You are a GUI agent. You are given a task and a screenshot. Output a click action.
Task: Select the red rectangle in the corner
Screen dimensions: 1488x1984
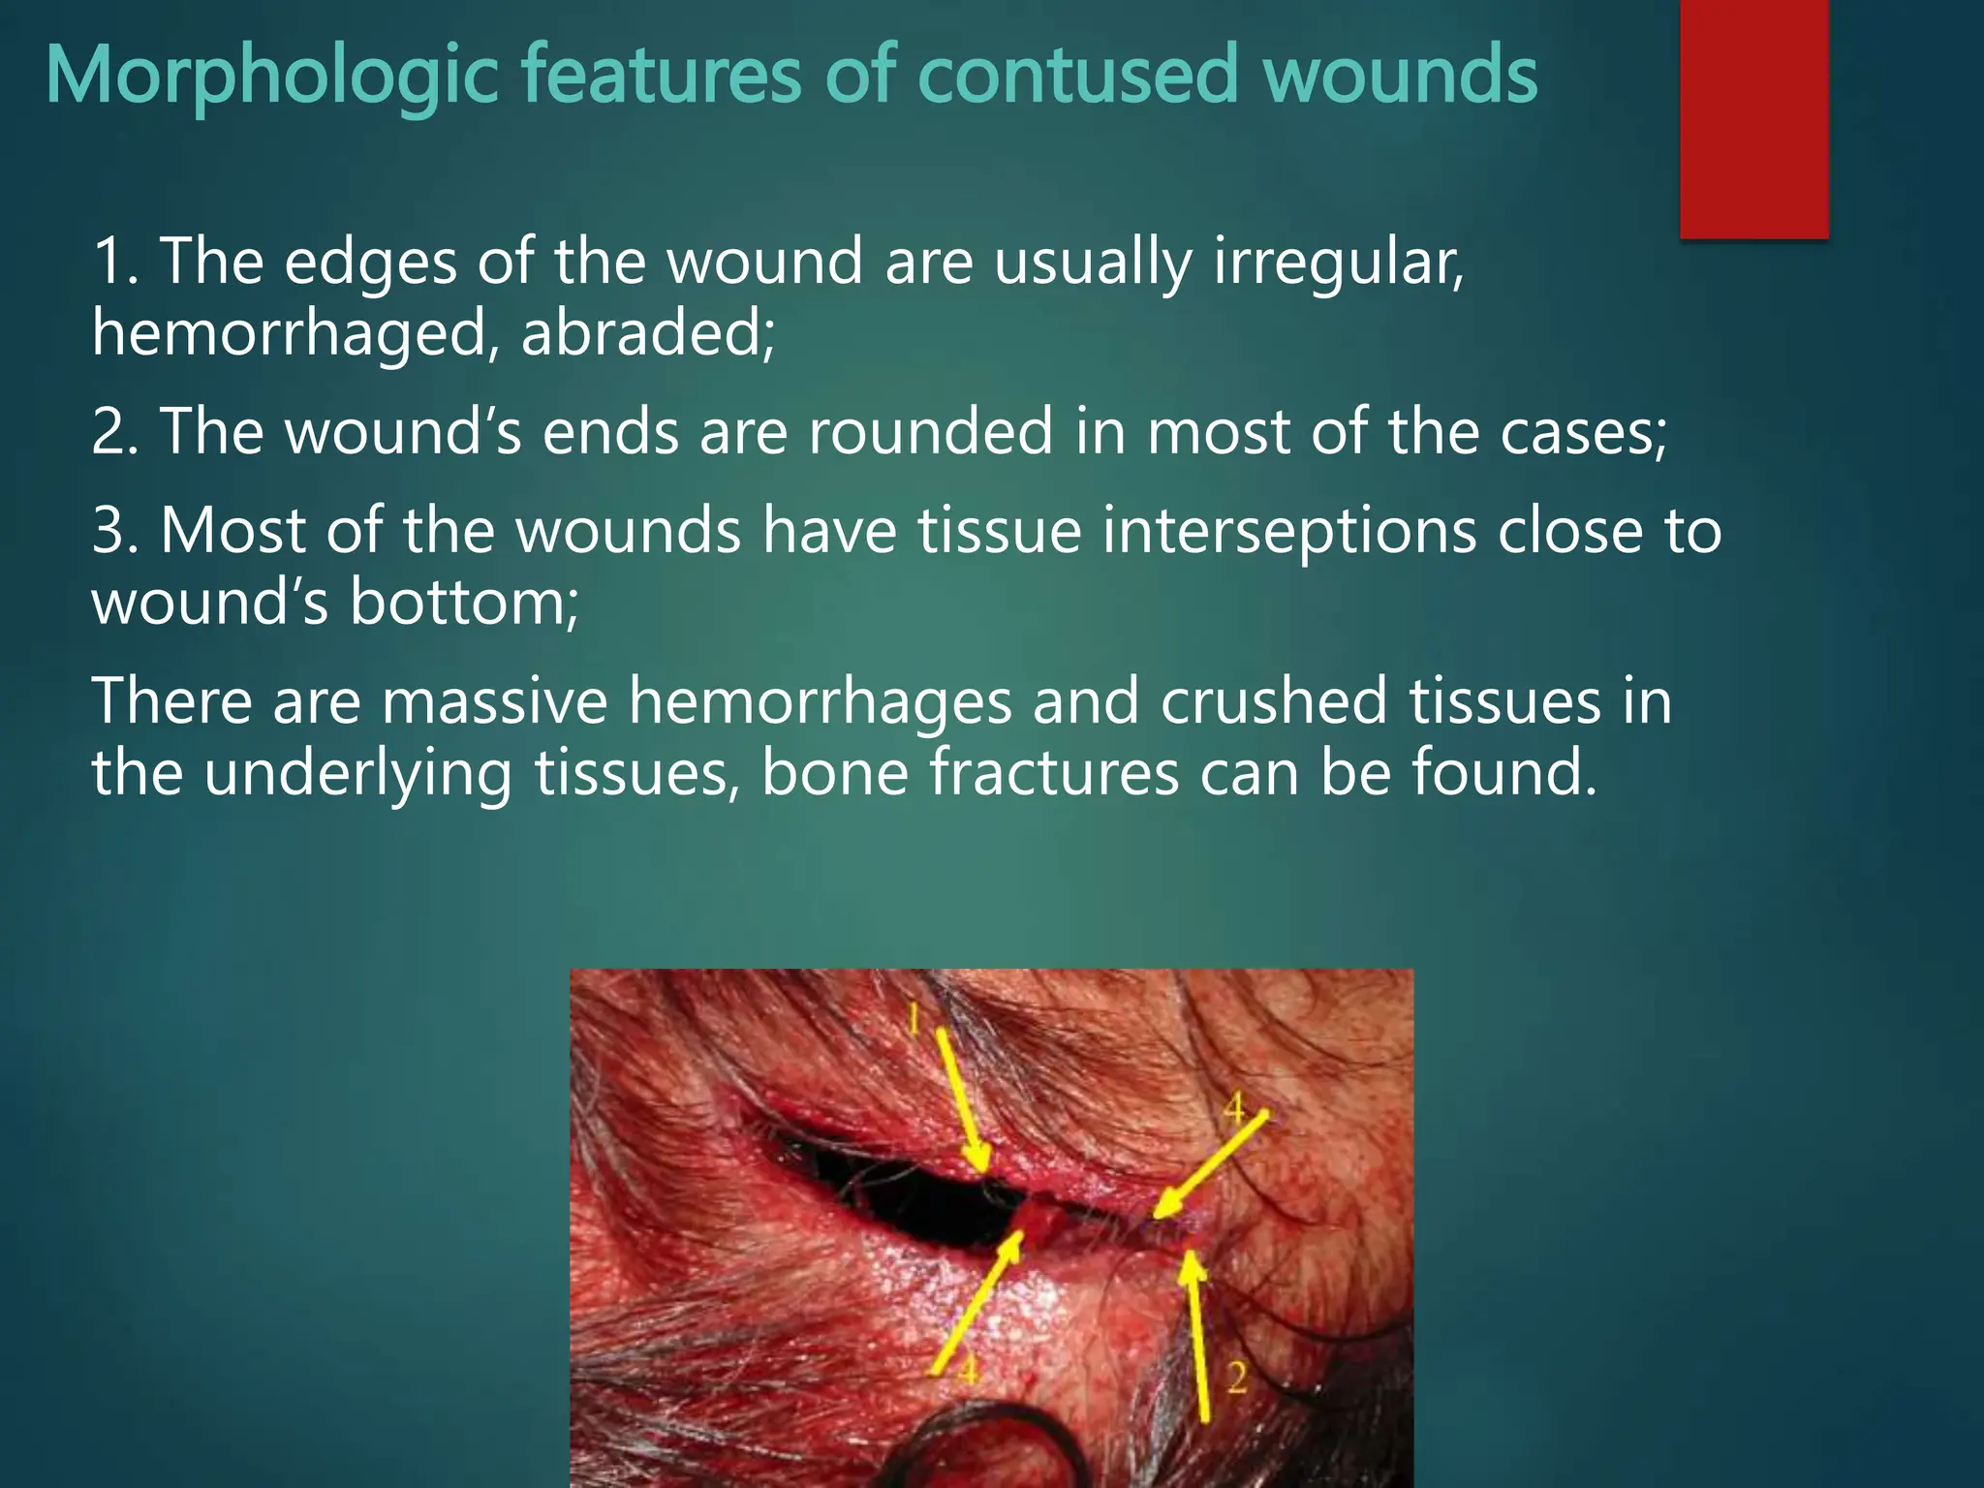click(1753, 118)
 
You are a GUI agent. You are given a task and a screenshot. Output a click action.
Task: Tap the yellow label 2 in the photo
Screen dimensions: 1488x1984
click(1237, 1377)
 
